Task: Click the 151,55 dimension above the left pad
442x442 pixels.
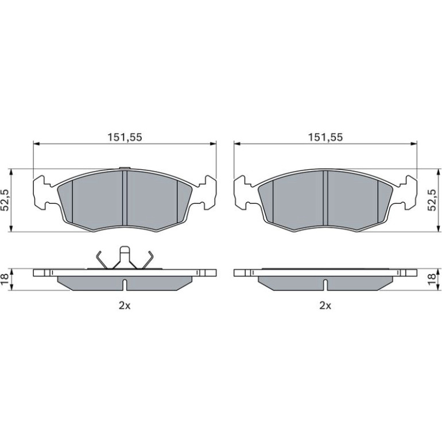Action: click(125, 137)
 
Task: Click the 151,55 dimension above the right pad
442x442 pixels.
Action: click(325, 137)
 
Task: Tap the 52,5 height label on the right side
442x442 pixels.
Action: click(432, 200)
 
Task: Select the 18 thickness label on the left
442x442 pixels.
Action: click(5, 280)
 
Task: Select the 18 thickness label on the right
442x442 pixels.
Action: click(432, 280)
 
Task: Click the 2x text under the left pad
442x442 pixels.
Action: click(125, 305)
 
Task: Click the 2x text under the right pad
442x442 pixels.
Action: click(325, 305)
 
